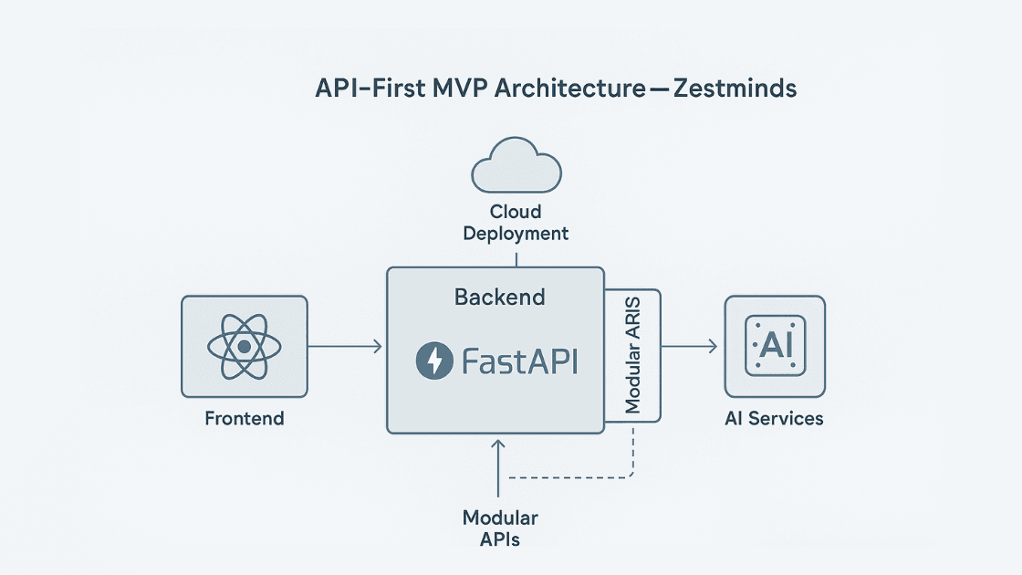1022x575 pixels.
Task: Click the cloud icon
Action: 516,166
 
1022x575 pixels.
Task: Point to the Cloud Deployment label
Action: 516,223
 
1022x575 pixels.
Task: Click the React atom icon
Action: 244,347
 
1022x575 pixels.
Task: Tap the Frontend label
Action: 244,419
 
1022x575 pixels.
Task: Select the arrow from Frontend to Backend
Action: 345,346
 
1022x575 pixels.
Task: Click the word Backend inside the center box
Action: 499,297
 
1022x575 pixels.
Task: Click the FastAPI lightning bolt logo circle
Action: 434,361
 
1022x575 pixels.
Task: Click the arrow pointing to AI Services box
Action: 689,346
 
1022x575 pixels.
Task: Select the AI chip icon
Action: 774,346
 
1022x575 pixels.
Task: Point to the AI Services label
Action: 774,419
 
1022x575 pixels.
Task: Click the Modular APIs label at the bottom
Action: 500,528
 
